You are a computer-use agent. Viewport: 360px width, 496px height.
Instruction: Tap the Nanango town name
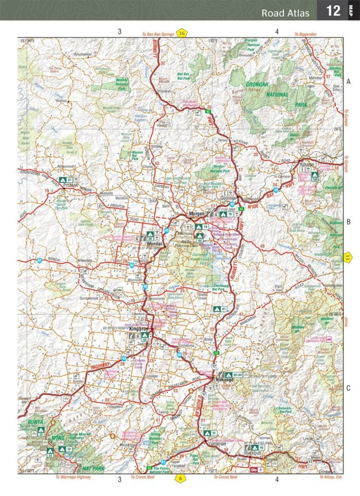pyautogui.click(x=225, y=380)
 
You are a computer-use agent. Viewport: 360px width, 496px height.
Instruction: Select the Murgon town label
pyautogui.click(x=197, y=214)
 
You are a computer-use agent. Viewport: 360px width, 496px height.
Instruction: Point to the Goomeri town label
pyautogui.click(x=229, y=197)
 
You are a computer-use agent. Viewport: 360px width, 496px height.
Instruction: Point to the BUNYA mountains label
pyautogui.click(x=36, y=422)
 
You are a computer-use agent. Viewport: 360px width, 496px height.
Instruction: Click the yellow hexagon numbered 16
pyautogui.click(x=181, y=33)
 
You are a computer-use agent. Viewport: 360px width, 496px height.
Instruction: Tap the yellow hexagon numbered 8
pyautogui.click(x=180, y=478)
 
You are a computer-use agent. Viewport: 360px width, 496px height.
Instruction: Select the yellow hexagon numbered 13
pyautogui.click(x=347, y=258)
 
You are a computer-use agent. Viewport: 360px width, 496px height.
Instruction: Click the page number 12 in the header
pyautogui.click(x=333, y=10)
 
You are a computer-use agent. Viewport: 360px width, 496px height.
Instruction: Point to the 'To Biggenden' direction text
pyautogui.click(x=306, y=34)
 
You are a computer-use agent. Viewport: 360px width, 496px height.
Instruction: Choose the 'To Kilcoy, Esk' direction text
pyautogui.click(x=331, y=477)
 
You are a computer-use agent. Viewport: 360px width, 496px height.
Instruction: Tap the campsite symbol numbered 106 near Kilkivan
pyautogui.click(x=315, y=176)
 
